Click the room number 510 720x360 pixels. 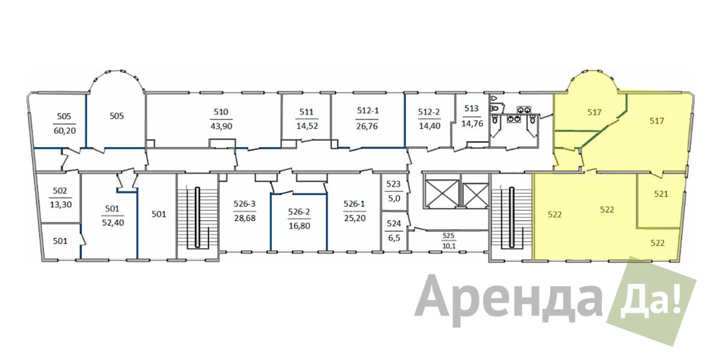tap(221, 112)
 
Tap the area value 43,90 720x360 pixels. tap(221, 126)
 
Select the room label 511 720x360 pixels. tap(307, 112)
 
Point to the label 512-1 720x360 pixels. tap(368, 110)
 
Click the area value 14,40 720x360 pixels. tap(430, 125)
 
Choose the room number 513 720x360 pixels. tap(471, 109)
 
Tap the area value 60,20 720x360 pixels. tap(65, 131)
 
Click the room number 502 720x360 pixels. tap(60, 191)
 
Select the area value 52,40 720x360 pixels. tap(113, 223)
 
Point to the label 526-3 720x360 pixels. tap(244, 204)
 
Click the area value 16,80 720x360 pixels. tap(299, 226)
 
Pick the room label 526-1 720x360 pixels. tap(354, 204)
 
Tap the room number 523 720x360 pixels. tap(394, 184)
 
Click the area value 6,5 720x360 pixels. tap(394, 238)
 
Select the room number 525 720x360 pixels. tap(448, 236)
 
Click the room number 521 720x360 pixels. tap(661, 194)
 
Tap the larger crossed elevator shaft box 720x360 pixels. tap(442, 193)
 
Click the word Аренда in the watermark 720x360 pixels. tap(508, 300)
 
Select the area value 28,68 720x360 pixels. tap(245, 218)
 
